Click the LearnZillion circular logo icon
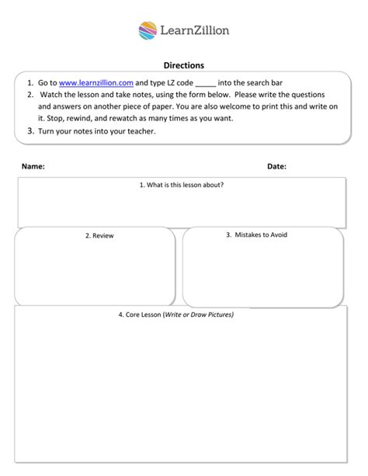[x=148, y=31]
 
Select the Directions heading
[x=183, y=66]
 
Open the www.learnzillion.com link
[x=96, y=82]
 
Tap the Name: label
[x=33, y=166]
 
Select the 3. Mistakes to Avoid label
[x=255, y=234]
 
